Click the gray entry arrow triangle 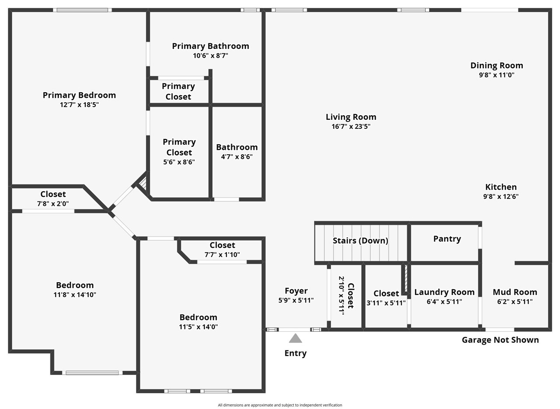pyautogui.click(x=295, y=339)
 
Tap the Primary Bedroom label pyautogui.click(x=79, y=95)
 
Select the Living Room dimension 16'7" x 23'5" pyautogui.click(x=351, y=127)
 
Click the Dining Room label pyautogui.click(x=497, y=66)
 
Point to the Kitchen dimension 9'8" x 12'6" pyautogui.click(x=500, y=197)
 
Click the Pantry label pyautogui.click(x=447, y=239)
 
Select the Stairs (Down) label pyautogui.click(x=360, y=241)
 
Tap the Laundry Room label pyautogui.click(x=444, y=292)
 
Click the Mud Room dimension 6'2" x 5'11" pyautogui.click(x=514, y=302)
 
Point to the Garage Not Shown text pyautogui.click(x=500, y=340)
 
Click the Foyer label pyautogui.click(x=296, y=291)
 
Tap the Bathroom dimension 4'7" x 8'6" pyautogui.click(x=237, y=157)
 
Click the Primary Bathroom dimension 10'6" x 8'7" pyautogui.click(x=210, y=55)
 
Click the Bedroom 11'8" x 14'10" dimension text pyautogui.click(x=75, y=295)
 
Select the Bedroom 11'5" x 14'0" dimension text pyautogui.click(x=198, y=327)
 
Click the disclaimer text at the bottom pyautogui.click(x=280, y=405)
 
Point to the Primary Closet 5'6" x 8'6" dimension pyautogui.click(x=179, y=162)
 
